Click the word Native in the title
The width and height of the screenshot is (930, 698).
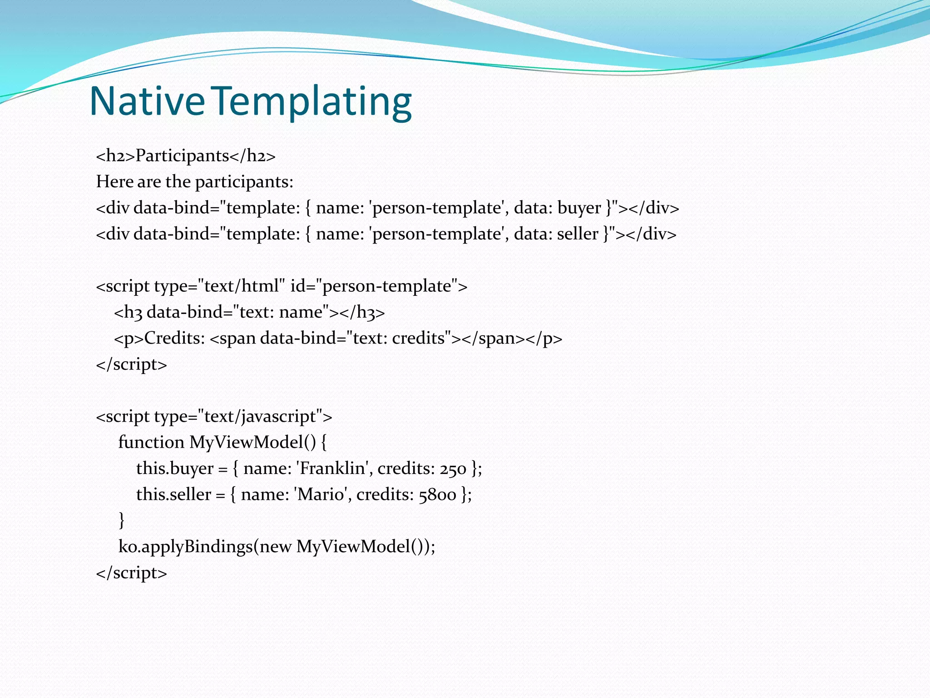[x=147, y=101]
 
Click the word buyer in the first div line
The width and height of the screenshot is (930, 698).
[x=579, y=208]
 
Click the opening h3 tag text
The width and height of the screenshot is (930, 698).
[x=129, y=313]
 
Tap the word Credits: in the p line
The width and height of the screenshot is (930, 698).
[x=175, y=339]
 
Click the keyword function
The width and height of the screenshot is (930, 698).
[x=151, y=443]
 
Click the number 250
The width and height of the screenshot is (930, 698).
[x=453, y=469]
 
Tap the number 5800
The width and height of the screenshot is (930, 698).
[x=437, y=495]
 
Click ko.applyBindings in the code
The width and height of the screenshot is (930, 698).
[x=185, y=547]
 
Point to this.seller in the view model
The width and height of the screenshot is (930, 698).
[x=174, y=494]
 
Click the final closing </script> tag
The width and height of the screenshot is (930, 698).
[x=132, y=573]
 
